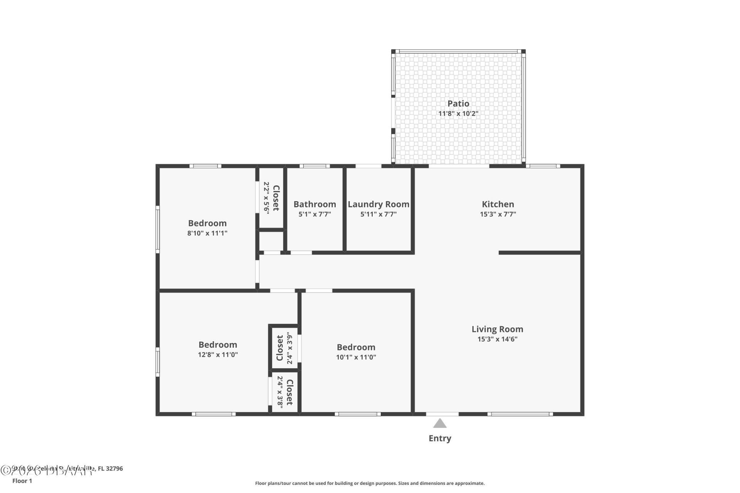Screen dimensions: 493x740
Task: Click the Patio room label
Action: (x=458, y=104)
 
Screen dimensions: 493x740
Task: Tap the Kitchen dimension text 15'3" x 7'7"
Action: (x=498, y=214)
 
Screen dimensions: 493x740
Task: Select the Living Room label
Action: (x=497, y=329)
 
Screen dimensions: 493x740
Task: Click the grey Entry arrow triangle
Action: (x=439, y=424)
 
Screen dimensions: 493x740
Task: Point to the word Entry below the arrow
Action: (x=439, y=438)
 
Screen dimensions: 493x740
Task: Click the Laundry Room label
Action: (x=378, y=204)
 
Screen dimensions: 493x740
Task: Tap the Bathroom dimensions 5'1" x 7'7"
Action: (x=314, y=214)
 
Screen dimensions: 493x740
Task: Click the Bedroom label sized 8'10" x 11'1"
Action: (x=207, y=223)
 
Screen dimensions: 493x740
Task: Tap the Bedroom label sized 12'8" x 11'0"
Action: (x=217, y=345)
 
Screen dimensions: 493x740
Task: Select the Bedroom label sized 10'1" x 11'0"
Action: (x=356, y=347)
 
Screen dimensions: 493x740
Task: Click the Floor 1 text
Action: (x=22, y=481)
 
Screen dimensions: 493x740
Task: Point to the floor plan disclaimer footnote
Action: (x=370, y=483)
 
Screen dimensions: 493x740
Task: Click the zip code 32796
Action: (x=114, y=469)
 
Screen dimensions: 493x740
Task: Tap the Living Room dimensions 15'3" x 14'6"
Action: (x=497, y=339)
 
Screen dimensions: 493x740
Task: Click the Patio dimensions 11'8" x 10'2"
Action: (x=458, y=114)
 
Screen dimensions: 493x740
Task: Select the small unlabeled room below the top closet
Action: (x=271, y=241)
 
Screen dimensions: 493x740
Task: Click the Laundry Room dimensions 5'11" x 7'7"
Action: (x=378, y=214)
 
